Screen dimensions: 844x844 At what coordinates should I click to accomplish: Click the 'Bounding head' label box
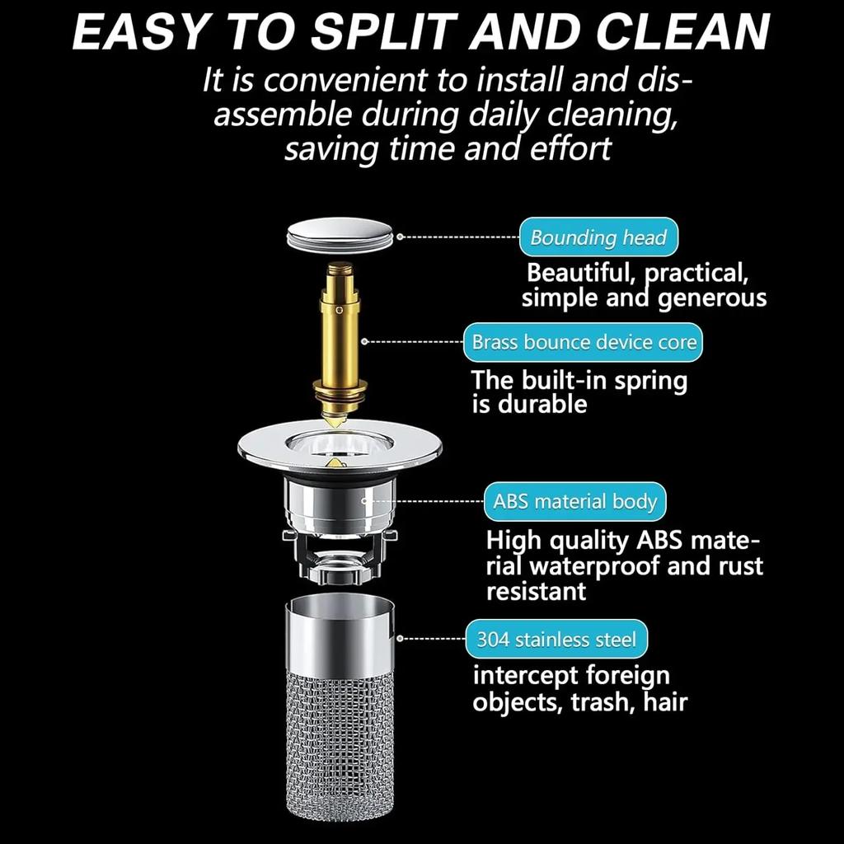pos(598,237)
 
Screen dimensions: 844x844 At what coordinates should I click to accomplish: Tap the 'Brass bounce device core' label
pos(584,342)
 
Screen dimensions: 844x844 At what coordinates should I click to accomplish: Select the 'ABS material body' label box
pos(574,501)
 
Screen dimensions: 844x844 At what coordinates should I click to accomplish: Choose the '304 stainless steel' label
pos(557,639)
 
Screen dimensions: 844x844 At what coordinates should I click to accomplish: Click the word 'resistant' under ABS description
pos(536,591)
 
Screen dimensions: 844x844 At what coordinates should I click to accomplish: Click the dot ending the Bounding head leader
pos(400,237)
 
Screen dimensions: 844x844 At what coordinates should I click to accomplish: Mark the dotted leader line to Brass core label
pos(412,340)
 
